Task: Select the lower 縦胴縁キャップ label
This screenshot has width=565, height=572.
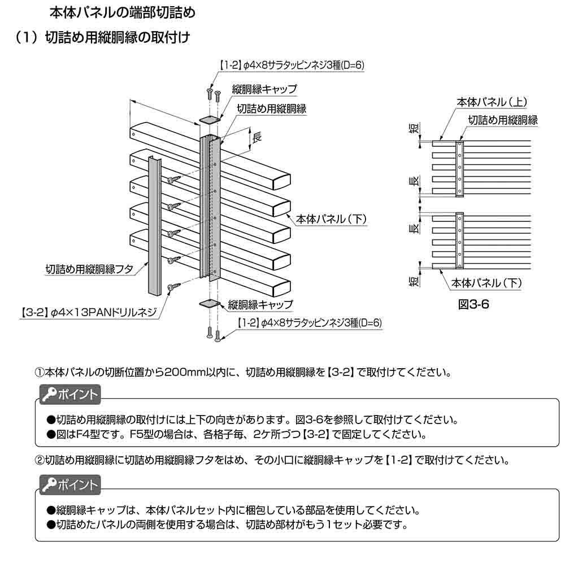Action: tap(260, 305)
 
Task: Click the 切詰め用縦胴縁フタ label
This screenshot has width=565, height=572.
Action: tap(89, 269)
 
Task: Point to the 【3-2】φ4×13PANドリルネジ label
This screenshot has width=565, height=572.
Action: tap(88, 311)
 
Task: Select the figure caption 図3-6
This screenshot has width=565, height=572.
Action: tap(473, 305)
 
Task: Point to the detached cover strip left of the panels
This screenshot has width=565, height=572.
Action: tap(154, 226)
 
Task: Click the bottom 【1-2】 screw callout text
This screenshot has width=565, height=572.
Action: tap(309, 323)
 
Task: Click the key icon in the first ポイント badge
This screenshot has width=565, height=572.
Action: tap(49, 394)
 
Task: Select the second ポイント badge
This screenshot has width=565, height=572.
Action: tap(69, 484)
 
